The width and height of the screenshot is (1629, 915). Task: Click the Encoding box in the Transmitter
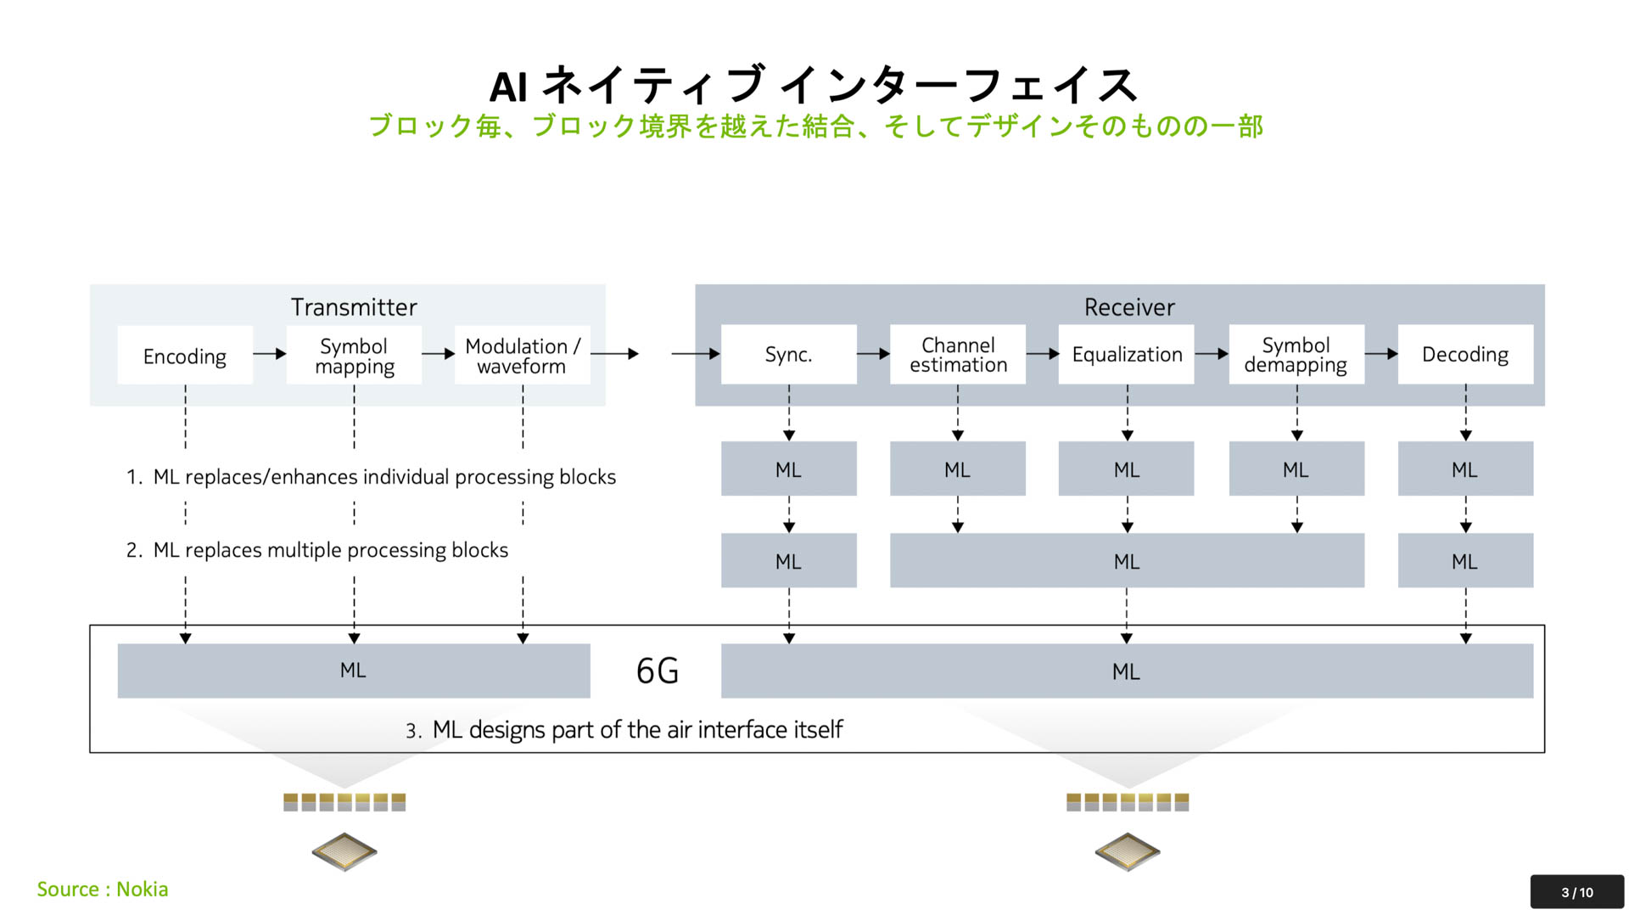[x=184, y=356]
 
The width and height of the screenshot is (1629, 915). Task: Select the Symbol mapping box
[x=354, y=356]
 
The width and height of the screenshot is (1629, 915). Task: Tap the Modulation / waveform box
[x=522, y=356]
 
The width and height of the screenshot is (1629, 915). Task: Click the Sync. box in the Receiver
[x=788, y=354]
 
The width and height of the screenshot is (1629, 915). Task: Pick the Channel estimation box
[x=957, y=354]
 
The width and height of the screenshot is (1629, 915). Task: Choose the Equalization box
[x=1126, y=354]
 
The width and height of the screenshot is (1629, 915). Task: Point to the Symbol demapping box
[x=1296, y=354]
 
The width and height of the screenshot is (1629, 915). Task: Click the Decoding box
[x=1464, y=354]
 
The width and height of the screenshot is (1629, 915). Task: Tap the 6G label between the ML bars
[x=657, y=671]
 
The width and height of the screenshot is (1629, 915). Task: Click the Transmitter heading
[x=354, y=307]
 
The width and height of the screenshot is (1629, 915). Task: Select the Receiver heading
[x=1128, y=307]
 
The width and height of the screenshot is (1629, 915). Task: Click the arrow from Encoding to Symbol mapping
[x=270, y=354]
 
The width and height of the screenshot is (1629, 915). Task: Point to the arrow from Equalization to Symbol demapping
[x=1212, y=354]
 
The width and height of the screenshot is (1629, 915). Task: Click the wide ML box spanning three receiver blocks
[x=1126, y=561]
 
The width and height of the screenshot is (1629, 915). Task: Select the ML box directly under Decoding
[x=1464, y=469]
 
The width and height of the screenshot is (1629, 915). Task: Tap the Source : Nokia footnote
[x=103, y=889]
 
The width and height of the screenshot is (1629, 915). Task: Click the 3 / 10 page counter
[x=1576, y=892]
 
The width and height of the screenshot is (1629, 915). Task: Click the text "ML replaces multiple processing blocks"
[x=330, y=550]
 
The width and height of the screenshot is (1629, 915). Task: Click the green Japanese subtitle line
[x=814, y=126]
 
